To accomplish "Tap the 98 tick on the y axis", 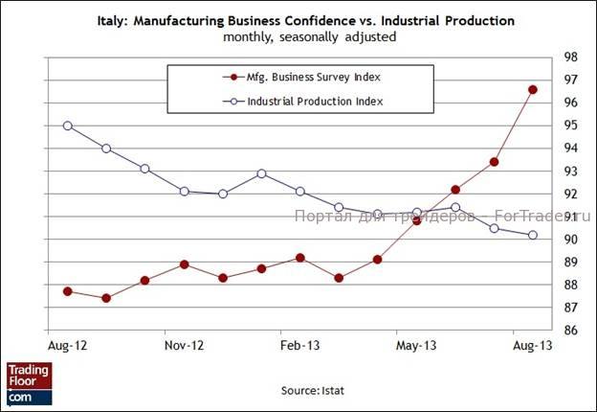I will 568,57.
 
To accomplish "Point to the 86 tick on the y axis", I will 568,331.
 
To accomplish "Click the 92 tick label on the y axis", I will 568,194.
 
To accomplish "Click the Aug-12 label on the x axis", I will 67,343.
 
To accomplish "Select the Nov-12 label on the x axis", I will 184,343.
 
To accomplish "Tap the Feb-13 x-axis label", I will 300,343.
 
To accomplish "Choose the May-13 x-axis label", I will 417,343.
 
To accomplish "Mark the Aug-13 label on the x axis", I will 533,343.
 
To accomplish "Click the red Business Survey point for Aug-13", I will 533,90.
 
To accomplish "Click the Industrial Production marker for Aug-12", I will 67,126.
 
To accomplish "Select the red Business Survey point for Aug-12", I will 67,291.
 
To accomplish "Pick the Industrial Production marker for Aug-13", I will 533,235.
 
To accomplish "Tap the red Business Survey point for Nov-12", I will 184,264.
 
